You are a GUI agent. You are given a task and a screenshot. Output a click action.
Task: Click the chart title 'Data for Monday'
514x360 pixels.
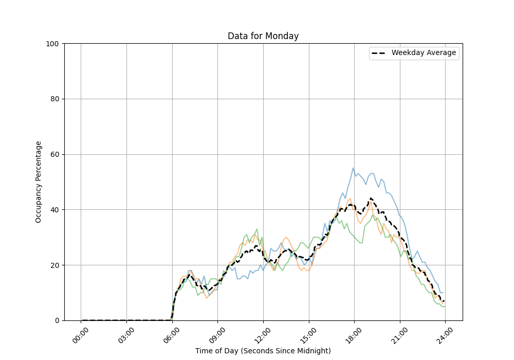[263, 36]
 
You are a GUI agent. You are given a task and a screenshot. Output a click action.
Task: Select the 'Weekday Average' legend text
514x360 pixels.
[424, 53]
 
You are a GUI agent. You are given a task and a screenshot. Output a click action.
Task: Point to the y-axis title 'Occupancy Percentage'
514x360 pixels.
[39, 182]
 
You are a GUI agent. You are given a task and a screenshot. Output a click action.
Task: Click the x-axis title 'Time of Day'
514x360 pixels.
[263, 351]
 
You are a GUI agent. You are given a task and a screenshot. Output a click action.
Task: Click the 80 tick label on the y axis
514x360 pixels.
[53, 99]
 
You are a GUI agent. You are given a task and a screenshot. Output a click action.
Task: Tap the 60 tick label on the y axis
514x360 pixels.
[53, 154]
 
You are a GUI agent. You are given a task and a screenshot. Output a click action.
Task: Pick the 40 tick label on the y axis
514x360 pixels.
[53, 210]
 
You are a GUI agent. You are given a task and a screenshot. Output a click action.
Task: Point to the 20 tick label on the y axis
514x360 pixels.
[53, 265]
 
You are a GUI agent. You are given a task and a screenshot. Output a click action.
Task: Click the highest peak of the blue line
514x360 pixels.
[353, 168]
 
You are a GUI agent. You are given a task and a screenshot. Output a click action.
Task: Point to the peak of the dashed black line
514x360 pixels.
[370, 199]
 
